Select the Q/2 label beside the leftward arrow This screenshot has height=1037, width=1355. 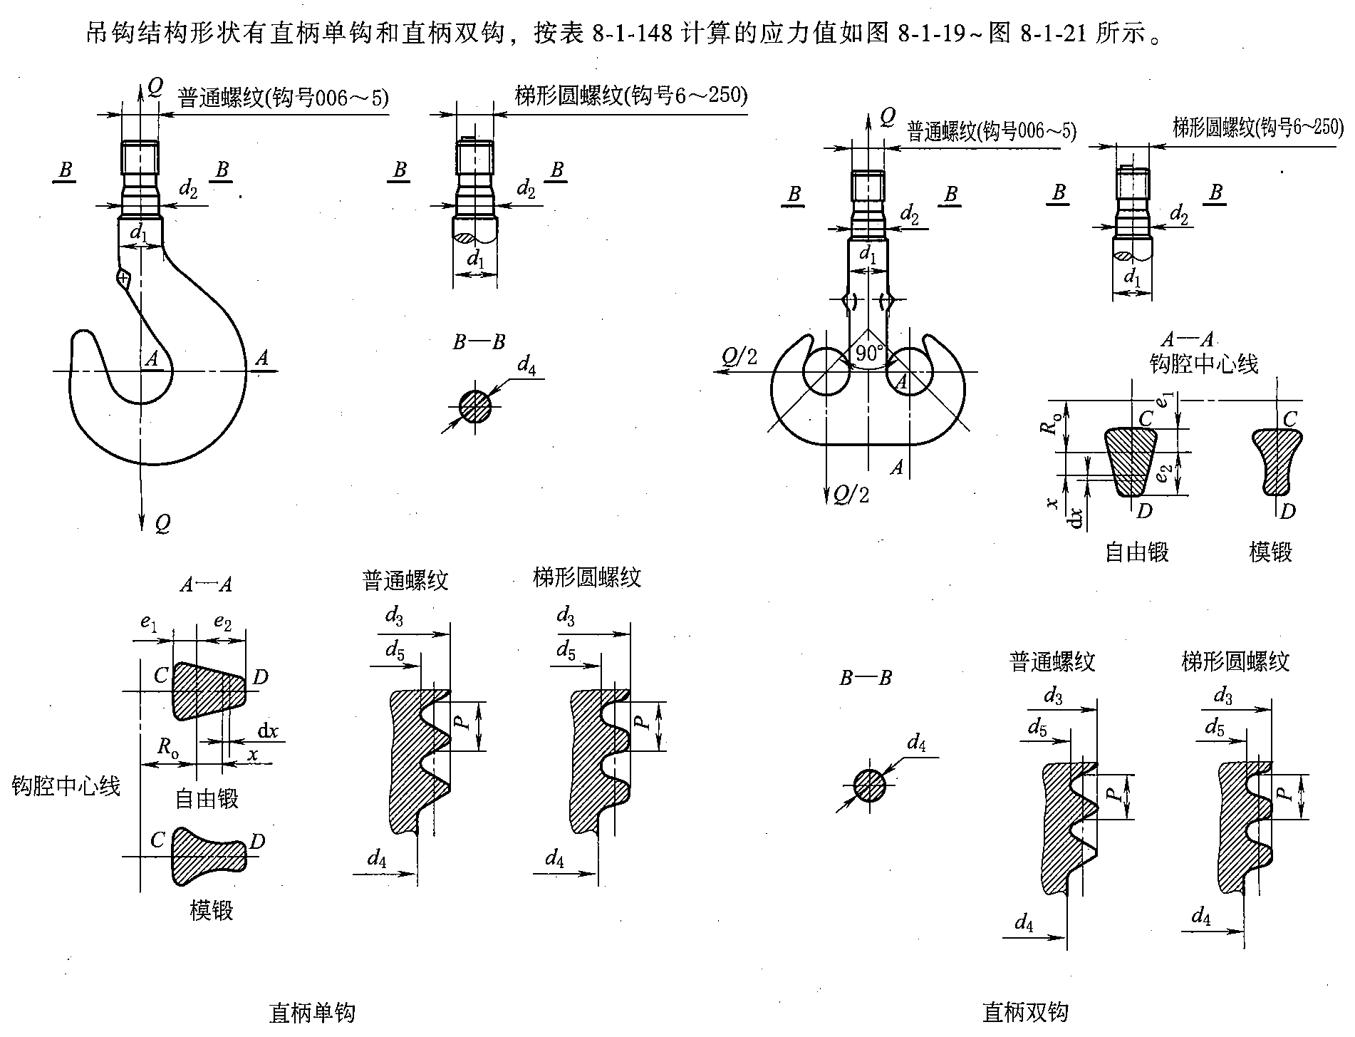pyautogui.click(x=739, y=356)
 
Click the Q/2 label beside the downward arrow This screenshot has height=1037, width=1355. pyautogui.click(x=852, y=494)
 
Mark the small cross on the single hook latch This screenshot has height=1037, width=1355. pyautogui.click(x=123, y=277)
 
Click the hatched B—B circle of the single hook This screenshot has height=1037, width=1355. pyautogui.click(x=475, y=407)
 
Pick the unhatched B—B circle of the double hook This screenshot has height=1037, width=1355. pyautogui.click(x=869, y=785)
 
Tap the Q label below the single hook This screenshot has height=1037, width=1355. pyautogui.click(x=162, y=525)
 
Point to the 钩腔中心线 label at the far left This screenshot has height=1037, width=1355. pyautogui.click(x=66, y=785)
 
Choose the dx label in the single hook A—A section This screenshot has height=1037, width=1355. pyautogui.click(x=268, y=731)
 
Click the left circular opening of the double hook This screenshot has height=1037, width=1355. pyautogui.click(x=826, y=371)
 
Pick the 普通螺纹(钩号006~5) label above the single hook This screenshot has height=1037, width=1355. pyautogui.click(x=283, y=97)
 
